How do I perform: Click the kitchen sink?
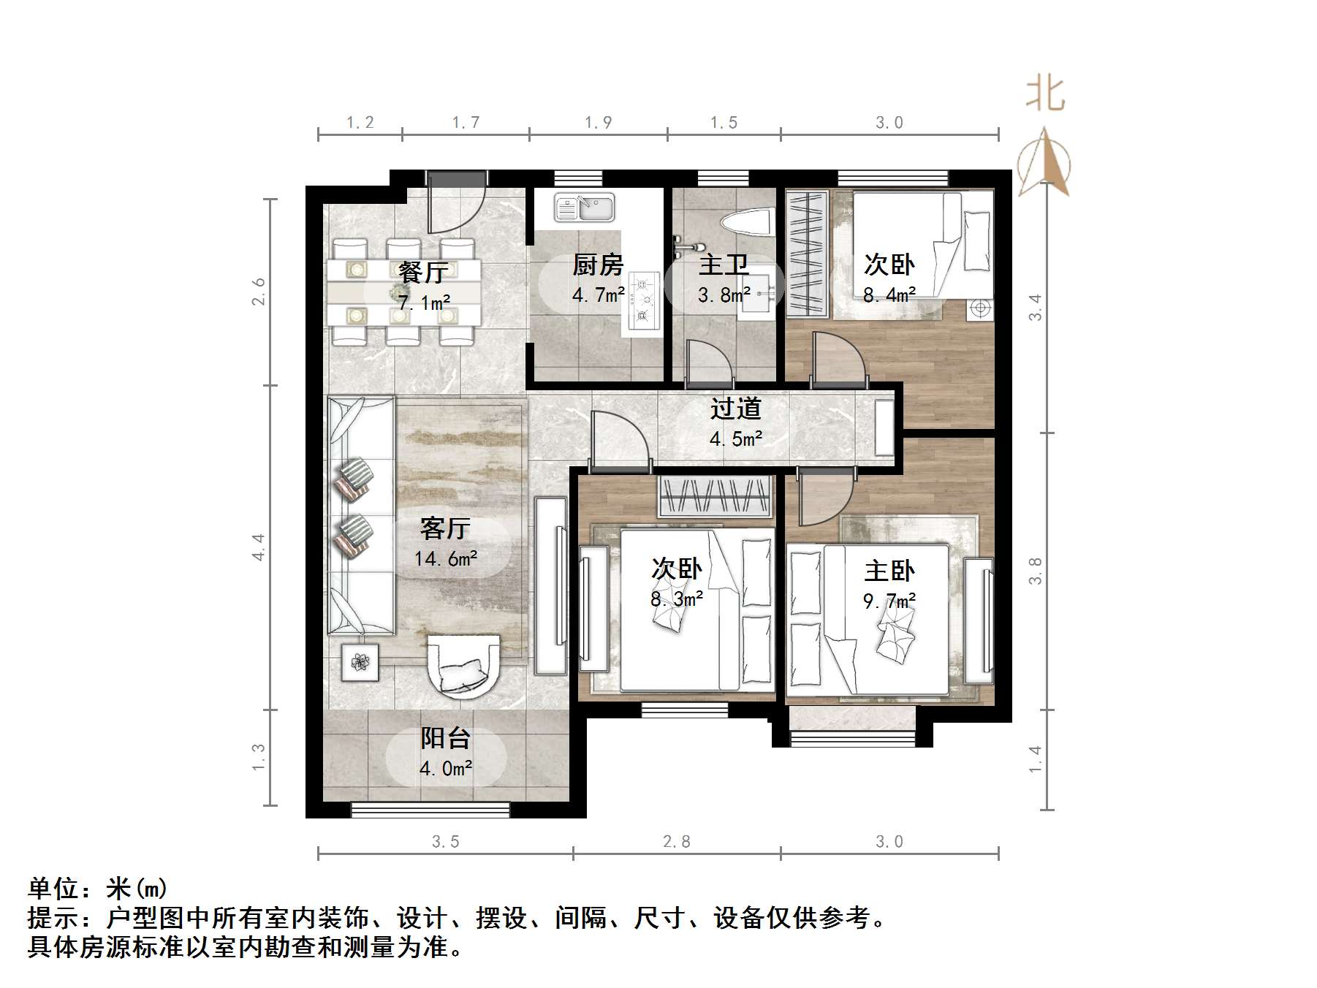pyautogui.click(x=584, y=207)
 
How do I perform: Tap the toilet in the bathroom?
pyautogui.click(x=746, y=222)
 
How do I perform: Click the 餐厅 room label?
pyautogui.click(x=423, y=273)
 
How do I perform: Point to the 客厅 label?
pyautogui.click(x=445, y=528)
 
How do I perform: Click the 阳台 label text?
pyautogui.click(x=445, y=738)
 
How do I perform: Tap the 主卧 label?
pyautogui.click(x=889, y=571)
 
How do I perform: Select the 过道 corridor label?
pyautogui.click(x=736, y=408)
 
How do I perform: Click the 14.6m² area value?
pyautogui.click(x=445, y=559)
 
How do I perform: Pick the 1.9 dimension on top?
pyautogui.click(x=598, y=123)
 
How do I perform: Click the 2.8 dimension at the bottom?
pyautogui.click(x=676, y=842)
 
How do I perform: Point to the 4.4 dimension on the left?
pyautogui.click(x=258, y=547)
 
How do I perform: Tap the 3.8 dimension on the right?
pyautogui.click(x=1035, y=571)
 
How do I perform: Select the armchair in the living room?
pyautogui.click(x=463, y=664)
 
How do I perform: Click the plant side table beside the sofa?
pyautogui.click(x=360, y=662)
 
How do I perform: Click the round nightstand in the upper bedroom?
pyautogui.click(x=979, y=309)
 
